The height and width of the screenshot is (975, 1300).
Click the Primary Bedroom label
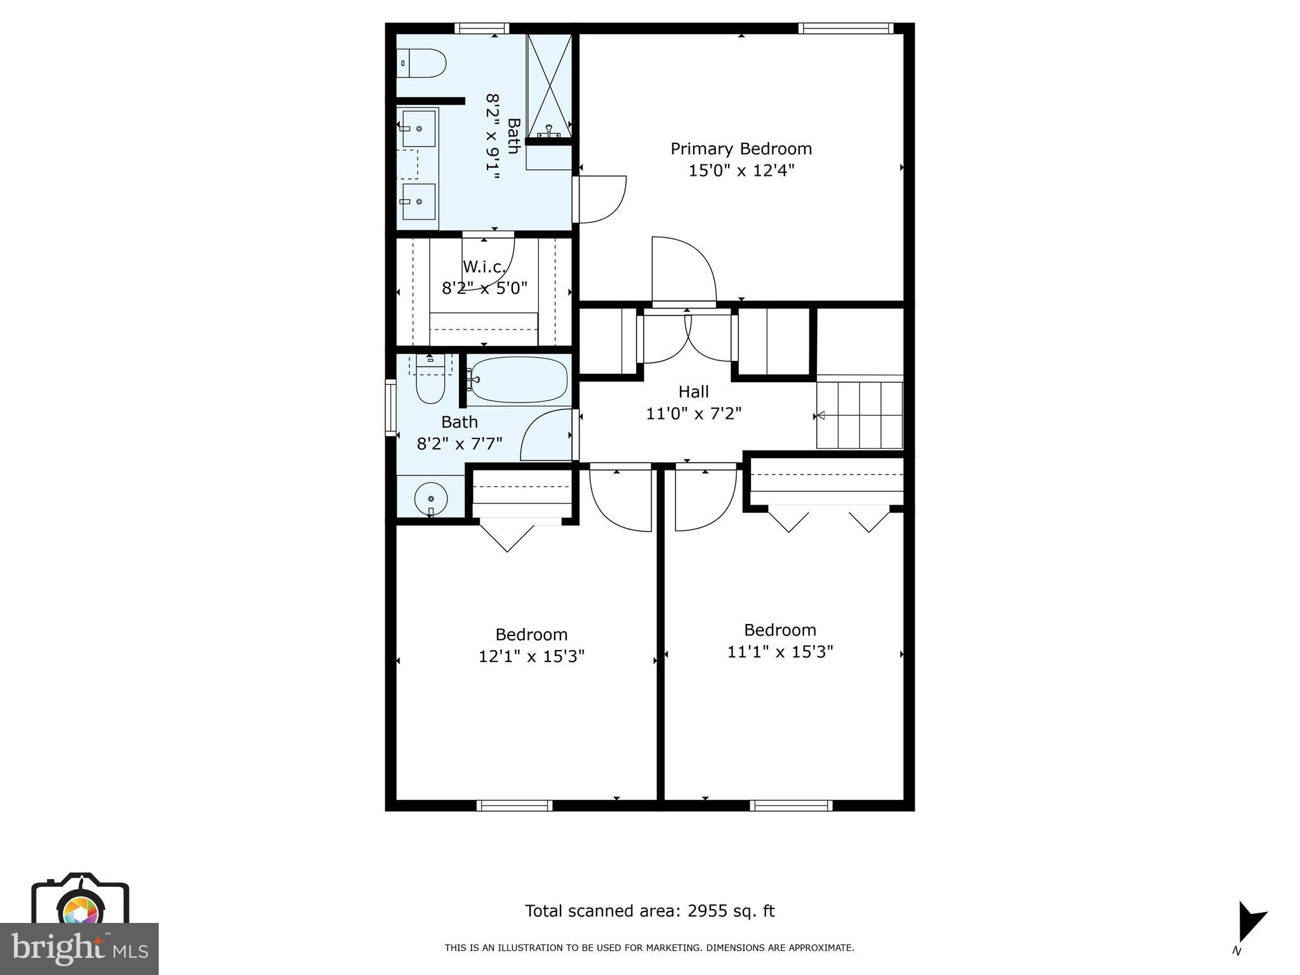point(741,149)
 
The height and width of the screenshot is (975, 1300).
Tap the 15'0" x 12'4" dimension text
point(741,171)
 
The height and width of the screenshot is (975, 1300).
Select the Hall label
point(693,392)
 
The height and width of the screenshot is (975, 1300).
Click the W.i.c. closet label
point(484,267)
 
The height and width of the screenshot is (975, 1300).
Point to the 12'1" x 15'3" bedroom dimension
point(531,656)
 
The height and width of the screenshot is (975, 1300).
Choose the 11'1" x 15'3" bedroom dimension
point(779,652)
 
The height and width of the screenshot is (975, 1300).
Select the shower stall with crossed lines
point(550,84)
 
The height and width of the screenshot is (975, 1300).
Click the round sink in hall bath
point(432,499)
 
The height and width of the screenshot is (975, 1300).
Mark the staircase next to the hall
point(859,415)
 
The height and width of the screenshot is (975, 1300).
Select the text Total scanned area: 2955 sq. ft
point(649,911)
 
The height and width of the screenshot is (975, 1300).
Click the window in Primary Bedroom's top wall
point(845,28)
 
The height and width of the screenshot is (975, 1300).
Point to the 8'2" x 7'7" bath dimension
point(460,443)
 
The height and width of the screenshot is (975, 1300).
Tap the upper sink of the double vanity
point(420,128)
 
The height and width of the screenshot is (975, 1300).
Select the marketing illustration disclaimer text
point(649,948)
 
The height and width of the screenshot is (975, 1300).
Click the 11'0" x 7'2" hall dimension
point(693,414)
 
